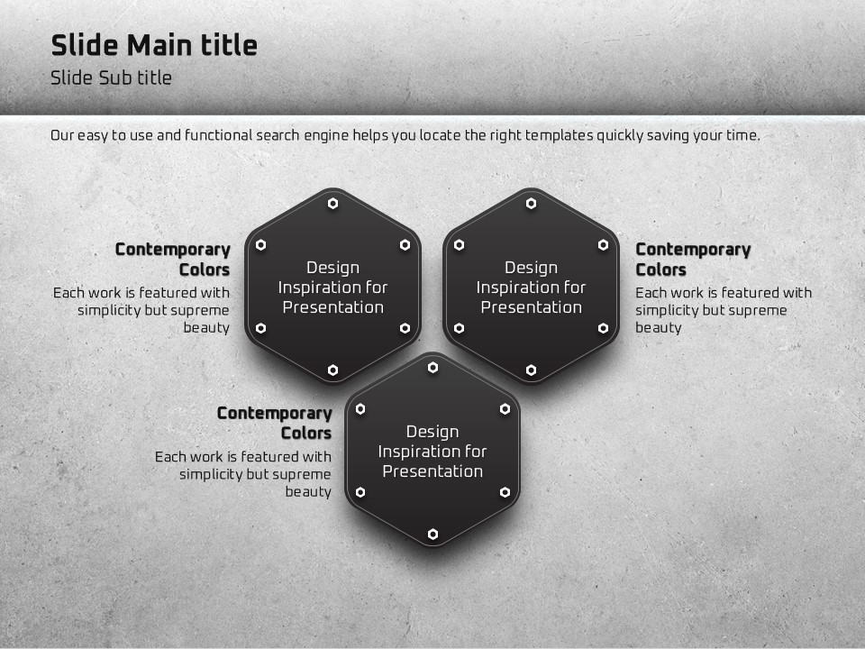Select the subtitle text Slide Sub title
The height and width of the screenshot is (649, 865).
[111, 78]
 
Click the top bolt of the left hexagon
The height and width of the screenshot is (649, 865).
[332, 204]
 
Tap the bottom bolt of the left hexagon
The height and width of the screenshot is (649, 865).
[332, 370]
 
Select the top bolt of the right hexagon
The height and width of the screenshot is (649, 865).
[531, 204]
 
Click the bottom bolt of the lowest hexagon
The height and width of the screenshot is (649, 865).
[433, 534]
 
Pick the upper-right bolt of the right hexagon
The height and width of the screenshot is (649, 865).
[603, 244]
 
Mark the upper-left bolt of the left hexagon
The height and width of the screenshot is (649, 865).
[261, 244]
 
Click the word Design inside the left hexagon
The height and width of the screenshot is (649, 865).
[332, 269]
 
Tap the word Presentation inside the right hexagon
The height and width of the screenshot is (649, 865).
[532, 307]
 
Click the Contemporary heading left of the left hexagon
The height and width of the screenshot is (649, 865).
[173, 250]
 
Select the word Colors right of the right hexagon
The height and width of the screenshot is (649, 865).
[660, 270]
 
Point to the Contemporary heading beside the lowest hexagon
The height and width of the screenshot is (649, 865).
[274, 414]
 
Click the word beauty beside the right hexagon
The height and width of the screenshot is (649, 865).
[658, 328]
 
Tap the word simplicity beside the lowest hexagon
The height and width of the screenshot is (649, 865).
[210, 475]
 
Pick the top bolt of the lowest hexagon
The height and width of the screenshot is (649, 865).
[433, 368]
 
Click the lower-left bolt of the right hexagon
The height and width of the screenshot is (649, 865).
[459, 328]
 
